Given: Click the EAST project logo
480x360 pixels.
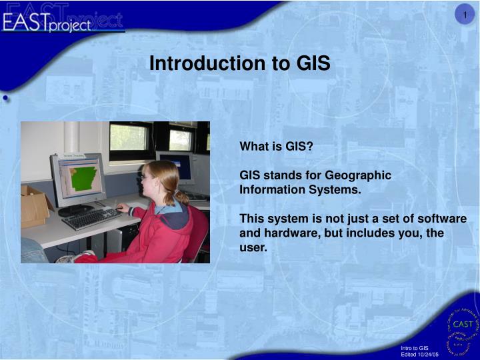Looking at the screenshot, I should click(x=63, y=21).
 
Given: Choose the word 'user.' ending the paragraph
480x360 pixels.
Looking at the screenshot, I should click(x=253, y=248).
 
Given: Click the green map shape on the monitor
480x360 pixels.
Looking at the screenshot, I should click(x=81, y=178).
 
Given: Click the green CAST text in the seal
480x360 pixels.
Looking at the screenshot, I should click(x=462, y=324).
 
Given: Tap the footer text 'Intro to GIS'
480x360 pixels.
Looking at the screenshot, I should click(x=414, y=348).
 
